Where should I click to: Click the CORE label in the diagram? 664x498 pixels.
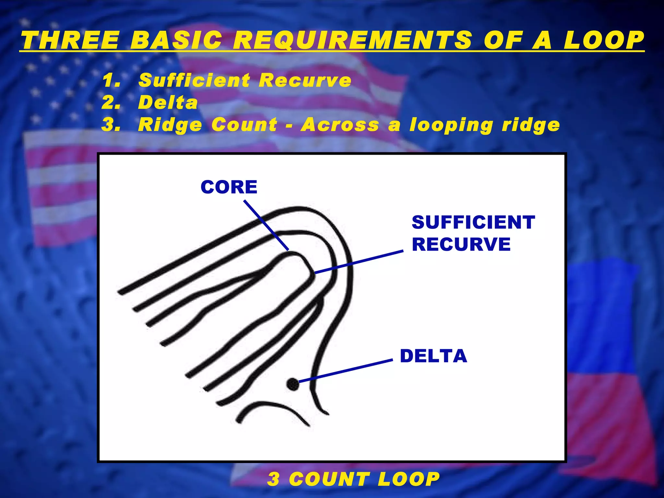(229, 187)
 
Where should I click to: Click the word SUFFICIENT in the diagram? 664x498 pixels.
(473, 222)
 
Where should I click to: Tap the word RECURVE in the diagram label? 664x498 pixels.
(461, 244)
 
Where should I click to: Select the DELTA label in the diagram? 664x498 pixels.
(433, 356)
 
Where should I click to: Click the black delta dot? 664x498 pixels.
(293, 385)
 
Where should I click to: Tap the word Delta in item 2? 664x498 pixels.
(168, 103)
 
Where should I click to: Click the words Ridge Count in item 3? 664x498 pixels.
(207, 125)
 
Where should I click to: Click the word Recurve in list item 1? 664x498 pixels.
(305, 80)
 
